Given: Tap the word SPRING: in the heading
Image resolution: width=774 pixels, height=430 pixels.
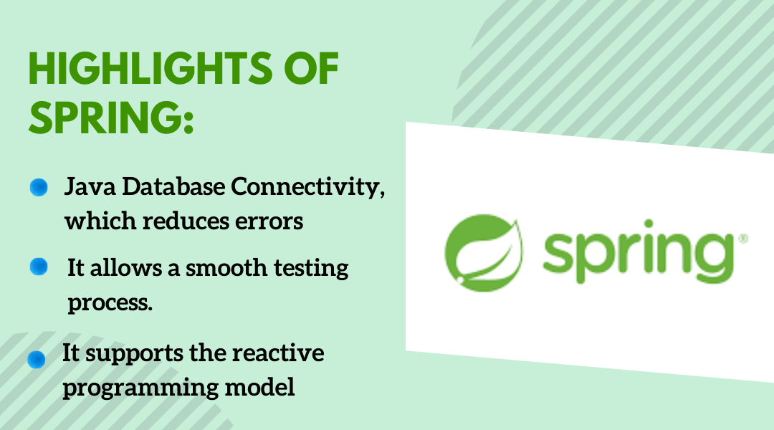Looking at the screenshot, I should tap(111, 116).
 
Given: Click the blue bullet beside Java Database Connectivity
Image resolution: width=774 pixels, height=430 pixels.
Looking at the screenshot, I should tap(39, 188).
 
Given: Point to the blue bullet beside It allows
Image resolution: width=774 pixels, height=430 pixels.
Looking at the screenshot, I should tap(39, 267).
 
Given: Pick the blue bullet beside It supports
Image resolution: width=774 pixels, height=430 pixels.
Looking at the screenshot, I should tap(37, 360).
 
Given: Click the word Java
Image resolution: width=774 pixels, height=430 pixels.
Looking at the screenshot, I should tap(89, 188).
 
